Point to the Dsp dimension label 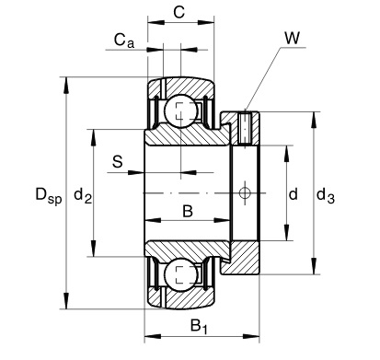[x=48, y=194]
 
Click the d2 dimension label [x=82, y=194]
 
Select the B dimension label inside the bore [x=187, y=212]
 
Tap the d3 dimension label [x=326, y=194]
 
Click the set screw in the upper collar [x=245, y=126]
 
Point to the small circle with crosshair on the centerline [x=245, y=192]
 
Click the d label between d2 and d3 [x=293, y=194]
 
